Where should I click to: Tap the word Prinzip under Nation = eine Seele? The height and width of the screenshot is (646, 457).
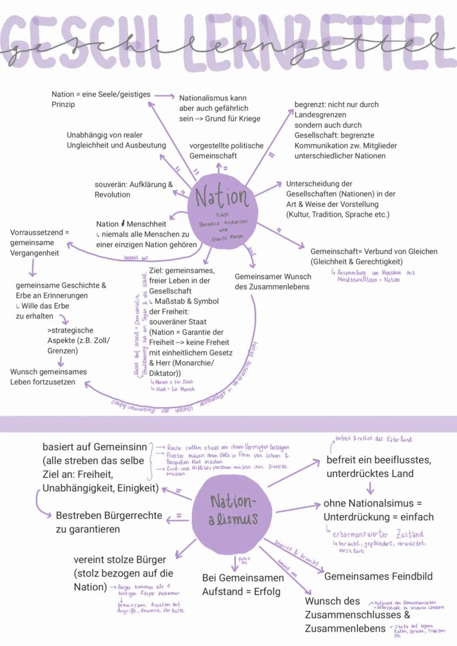63,104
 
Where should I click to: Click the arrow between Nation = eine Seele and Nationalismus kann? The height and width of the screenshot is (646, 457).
163,96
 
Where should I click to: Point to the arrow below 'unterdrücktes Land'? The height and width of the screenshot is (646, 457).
370,488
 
